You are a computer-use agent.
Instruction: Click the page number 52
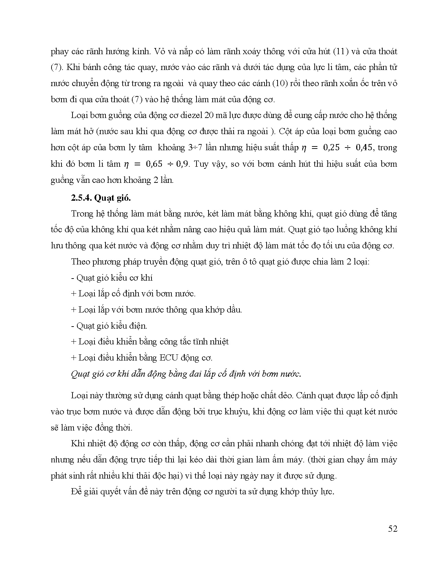(x=393, y=529)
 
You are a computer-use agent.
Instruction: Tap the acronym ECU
(x=168, y=358)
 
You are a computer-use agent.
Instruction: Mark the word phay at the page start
(x=58, y=52)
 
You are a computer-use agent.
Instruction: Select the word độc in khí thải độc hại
(x=160, y=476)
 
